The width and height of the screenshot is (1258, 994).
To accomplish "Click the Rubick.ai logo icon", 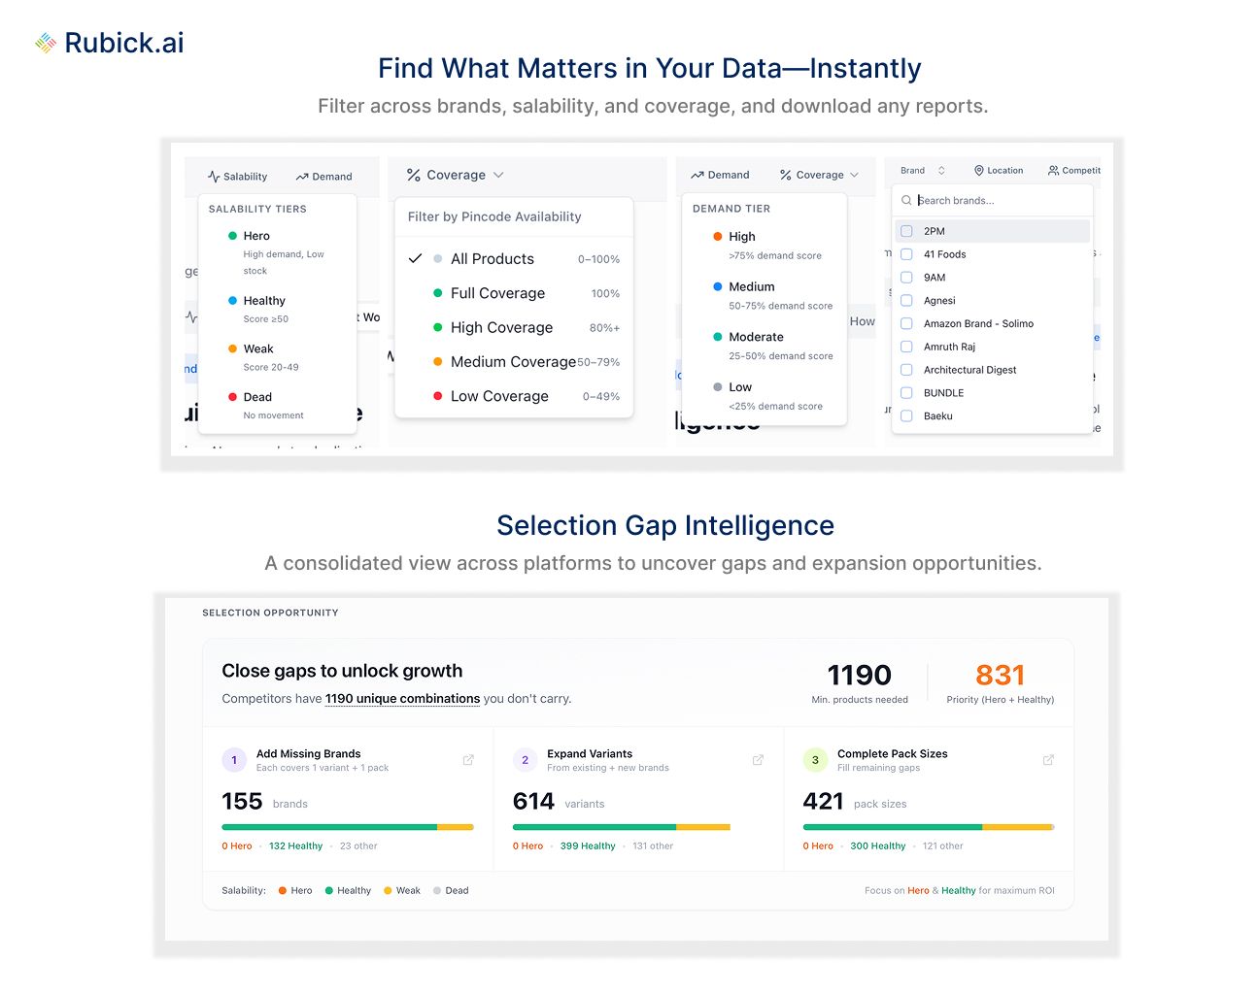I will (46, 43).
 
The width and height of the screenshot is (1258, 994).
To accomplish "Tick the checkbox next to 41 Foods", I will (906, 254).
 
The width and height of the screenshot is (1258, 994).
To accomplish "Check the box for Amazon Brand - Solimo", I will (906, 323).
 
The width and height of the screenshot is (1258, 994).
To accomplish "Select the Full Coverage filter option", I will (497, 293).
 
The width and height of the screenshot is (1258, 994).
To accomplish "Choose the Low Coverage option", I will (499, 396).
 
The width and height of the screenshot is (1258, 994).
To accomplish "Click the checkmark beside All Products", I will (415, 259).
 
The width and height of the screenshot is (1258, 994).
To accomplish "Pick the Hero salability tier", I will (256, 236).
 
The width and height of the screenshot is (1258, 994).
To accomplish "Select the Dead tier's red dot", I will (233, 397).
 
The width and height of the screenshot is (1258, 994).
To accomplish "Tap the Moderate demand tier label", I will (756, 337).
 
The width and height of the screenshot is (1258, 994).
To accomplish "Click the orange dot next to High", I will (718, 236).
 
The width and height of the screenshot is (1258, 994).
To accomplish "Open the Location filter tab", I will (999, 171).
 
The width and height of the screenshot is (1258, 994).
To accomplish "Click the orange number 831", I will (1000, 675).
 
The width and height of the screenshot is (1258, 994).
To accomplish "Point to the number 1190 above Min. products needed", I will (859, 675).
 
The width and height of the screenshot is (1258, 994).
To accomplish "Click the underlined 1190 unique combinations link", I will (402, 699).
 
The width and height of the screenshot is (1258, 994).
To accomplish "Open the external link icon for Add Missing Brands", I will (468, 760).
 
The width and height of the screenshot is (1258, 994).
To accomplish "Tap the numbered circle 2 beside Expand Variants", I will (525, 760).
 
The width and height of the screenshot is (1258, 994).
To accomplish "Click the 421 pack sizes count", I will (824, 802).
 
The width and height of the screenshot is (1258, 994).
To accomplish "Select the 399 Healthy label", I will (588, 846).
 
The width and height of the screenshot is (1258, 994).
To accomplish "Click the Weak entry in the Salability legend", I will (408, 890).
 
